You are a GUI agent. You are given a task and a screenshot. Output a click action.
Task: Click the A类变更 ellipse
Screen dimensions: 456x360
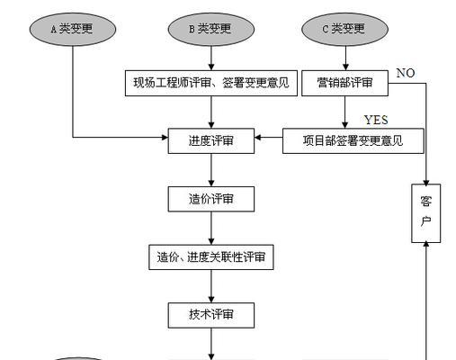(x=73, y=29)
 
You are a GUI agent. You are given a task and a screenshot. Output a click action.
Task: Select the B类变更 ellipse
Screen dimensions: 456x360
(x=211, y=29)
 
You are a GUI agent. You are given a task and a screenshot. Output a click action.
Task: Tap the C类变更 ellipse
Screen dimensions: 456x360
(x=344, y=29)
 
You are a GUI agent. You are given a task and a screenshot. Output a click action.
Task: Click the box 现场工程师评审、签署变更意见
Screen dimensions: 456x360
(x=211, y=83)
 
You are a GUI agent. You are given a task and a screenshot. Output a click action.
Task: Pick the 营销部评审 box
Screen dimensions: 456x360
(x=344, y=83)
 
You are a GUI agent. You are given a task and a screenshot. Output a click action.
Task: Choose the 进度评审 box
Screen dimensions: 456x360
(x=211, y=141)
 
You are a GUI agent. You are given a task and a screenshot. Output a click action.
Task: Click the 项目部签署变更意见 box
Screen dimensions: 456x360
(x=353, y=141)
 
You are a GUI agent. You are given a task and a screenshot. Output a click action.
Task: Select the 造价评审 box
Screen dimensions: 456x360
(x=211, y=199)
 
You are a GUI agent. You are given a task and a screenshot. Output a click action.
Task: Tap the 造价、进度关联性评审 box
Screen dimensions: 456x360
(x=211, y=257)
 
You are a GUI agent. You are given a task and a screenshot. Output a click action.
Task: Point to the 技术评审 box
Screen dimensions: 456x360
(x=211, y=315)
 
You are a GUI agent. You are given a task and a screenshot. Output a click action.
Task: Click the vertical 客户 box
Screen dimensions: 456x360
(x=426, y=213)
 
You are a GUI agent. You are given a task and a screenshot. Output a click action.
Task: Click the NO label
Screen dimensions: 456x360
(x=406, y=73)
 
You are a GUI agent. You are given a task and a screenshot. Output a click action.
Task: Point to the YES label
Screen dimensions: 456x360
(x=376, y=120)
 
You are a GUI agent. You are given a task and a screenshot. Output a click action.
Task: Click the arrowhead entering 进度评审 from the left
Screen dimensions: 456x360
(x=165, y=138)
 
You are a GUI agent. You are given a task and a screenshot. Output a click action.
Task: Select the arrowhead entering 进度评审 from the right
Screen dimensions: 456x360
(x=258, y=138)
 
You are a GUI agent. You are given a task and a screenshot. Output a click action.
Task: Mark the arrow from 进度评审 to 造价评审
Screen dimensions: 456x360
(x=211, y=170)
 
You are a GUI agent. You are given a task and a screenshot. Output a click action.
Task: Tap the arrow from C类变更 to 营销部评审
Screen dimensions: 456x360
(x=345, y=58)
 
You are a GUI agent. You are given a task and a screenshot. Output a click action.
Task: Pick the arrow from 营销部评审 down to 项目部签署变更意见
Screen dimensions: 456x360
(x=344, y=112)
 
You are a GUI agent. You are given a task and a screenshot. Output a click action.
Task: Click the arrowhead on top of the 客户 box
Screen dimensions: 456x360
(x=426, y=183)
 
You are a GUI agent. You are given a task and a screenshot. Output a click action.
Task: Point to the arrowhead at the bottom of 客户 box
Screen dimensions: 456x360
(x=426, y=245)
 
